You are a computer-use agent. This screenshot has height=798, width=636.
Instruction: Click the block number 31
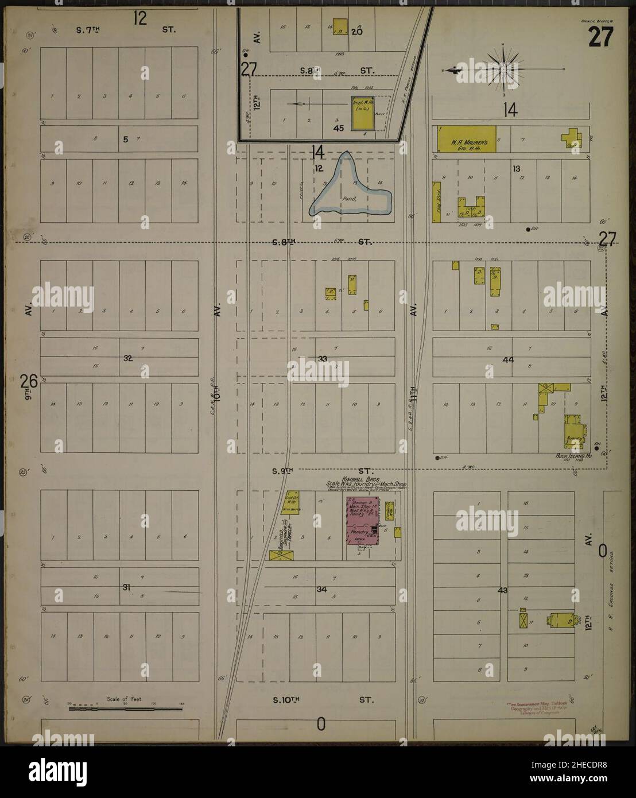click(127, 587)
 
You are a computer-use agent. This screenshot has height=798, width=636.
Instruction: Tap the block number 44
click(507, 359)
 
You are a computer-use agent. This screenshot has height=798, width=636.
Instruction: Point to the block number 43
click(503, 590)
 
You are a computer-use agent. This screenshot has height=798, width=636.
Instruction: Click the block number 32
click(127, 358)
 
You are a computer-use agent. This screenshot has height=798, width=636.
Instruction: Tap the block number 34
click(321, 589)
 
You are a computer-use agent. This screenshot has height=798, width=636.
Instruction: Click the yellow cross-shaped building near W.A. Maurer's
click(572, 138)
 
